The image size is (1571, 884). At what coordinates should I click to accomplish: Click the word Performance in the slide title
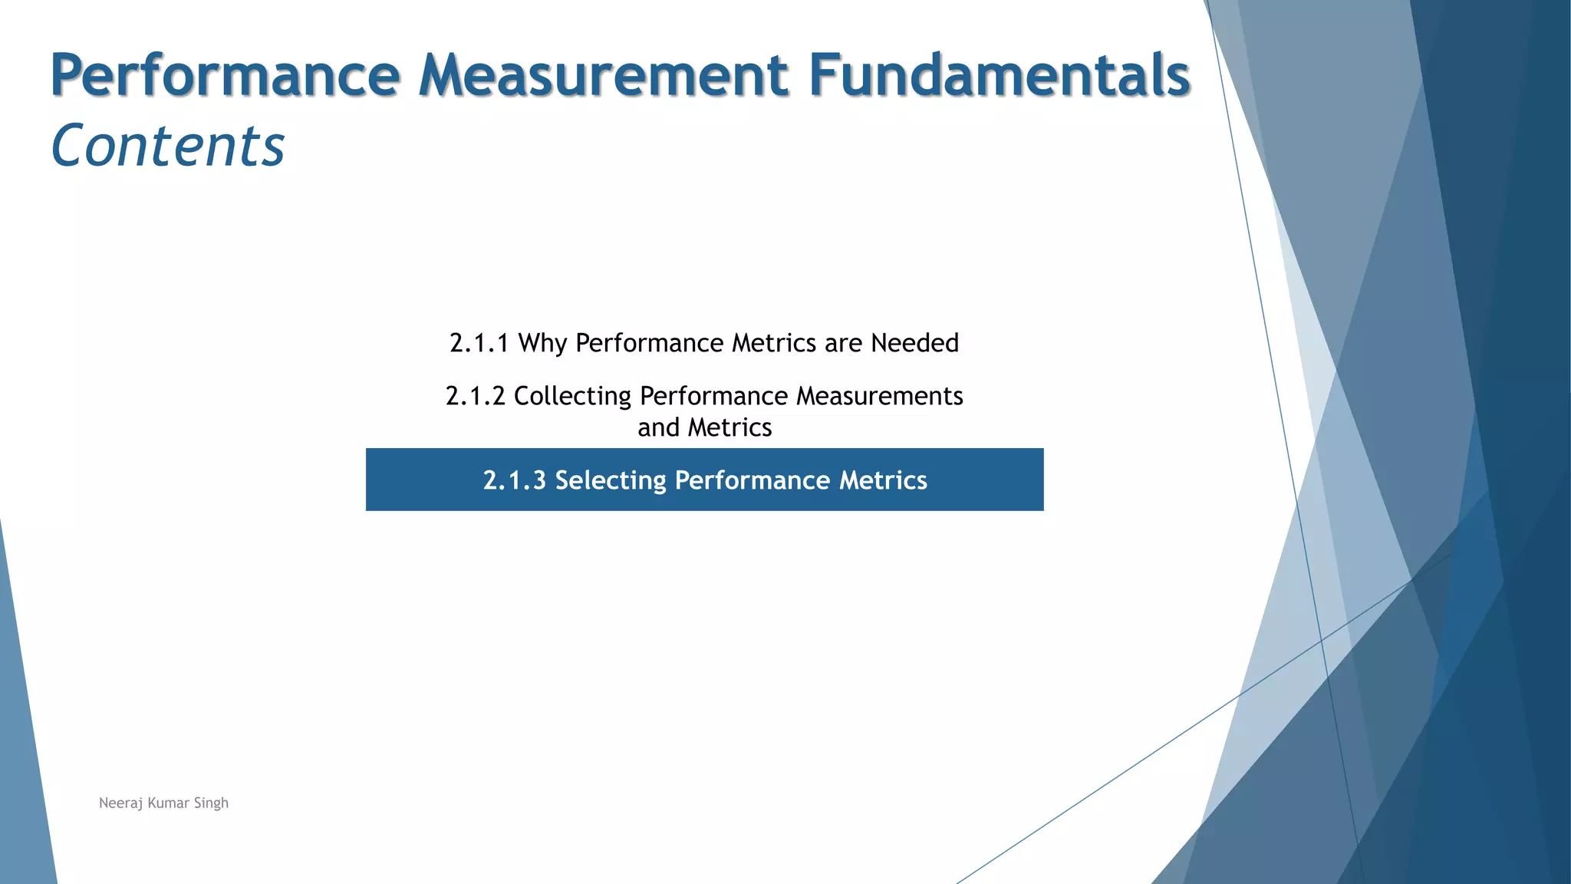click(225, 75)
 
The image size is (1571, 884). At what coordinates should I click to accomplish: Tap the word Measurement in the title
click(604, 75)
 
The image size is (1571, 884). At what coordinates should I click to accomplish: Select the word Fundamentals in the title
click(999, 75)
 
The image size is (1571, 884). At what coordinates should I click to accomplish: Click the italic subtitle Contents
click(168, 146)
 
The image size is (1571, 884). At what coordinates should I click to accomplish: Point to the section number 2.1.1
click(479, 343)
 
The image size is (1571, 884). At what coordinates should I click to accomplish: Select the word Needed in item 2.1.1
click(914, 343)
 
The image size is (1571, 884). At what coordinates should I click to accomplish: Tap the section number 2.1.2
click(476, 396)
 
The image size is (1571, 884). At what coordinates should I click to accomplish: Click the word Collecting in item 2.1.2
click(572, 396)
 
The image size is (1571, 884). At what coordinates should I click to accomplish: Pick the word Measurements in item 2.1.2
click(880, 396)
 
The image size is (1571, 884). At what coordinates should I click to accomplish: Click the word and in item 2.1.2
click(659, 427)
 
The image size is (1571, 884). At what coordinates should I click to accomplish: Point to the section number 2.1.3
click(514, 480)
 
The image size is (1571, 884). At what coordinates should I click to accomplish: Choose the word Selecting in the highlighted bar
click(611, 480)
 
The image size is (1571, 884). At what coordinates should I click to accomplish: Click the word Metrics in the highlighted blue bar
click(883, 480)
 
